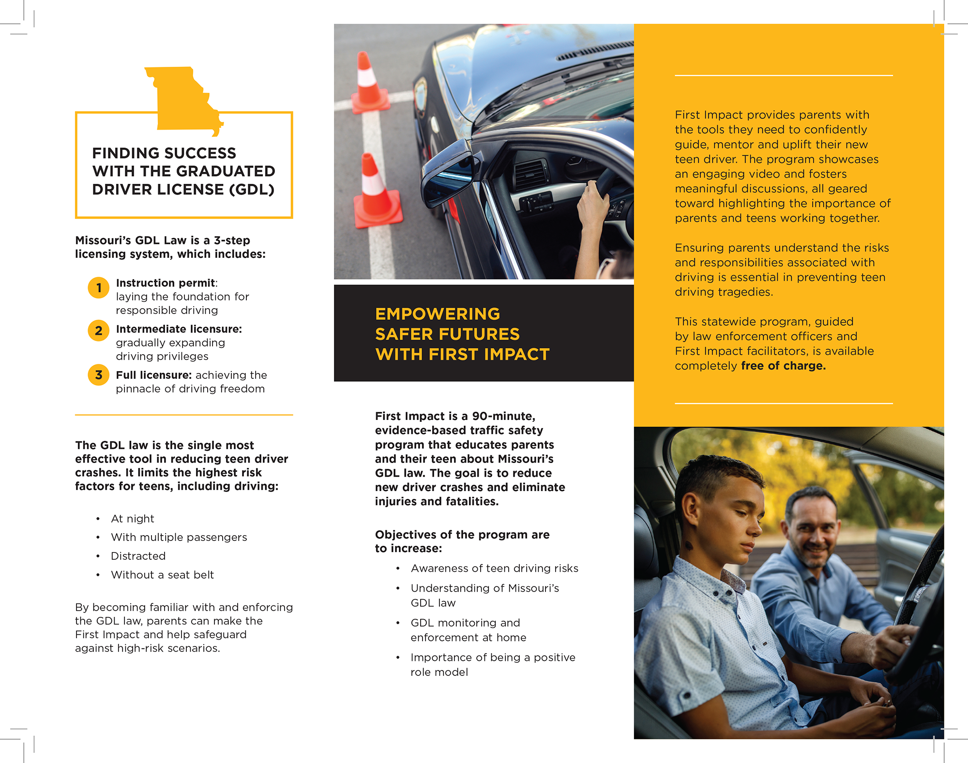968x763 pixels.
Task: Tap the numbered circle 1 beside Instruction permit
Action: pyautogui.click(x=99, y=288)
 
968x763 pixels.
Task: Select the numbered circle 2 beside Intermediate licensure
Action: pyautogui.click(x=99, y=331)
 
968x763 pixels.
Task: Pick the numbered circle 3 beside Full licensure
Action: pyautogui.click(x=99, y=375)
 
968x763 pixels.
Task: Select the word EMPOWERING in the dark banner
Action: pyautogui.click(x=438, y=314)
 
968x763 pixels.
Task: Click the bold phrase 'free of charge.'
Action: pyautogui.click(x=783, y=366)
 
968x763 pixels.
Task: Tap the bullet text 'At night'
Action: pyautogui.click(x=133, y=519)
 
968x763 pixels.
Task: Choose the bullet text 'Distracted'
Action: pyautogui.click(x=138, y=556)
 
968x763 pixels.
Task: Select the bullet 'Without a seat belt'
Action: pyautogui.click(x=163, y=575)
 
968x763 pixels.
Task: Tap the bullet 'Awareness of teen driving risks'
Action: pyautogui.click(x=494, y=568)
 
